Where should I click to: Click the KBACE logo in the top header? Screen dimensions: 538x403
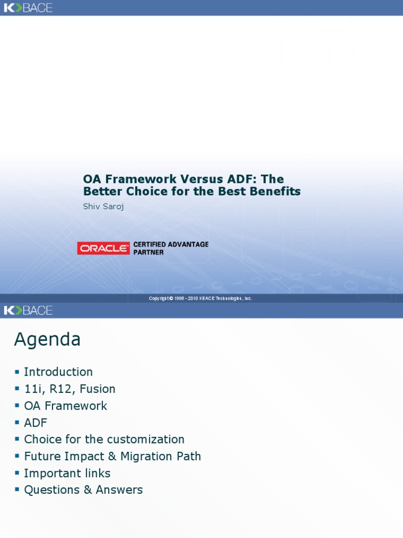click(28, 8)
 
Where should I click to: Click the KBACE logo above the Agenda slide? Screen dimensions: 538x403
click(28, 311)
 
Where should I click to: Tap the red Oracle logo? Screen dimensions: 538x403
click(103, 249)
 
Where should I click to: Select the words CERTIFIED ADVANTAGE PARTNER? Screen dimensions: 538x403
click(171, 249)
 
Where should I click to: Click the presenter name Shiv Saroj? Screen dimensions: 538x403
click(103, 206)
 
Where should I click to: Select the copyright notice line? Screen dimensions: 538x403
click(200, 298)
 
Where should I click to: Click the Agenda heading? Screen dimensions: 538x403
click(47, 340)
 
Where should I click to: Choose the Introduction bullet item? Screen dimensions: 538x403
click(58, 372)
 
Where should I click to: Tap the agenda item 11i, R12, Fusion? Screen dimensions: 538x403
click(70, 389)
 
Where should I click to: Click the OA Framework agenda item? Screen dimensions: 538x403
click(66, 406)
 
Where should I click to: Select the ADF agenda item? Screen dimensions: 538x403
click(36, 422)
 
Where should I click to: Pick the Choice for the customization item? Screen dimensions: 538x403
click(104, 439)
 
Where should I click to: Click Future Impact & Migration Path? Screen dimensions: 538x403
click(112, 456)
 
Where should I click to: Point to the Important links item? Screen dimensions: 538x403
click(67, 473)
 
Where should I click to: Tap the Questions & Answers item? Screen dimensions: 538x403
click(83, 490)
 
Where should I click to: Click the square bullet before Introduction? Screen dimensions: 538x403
click(17, 372)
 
